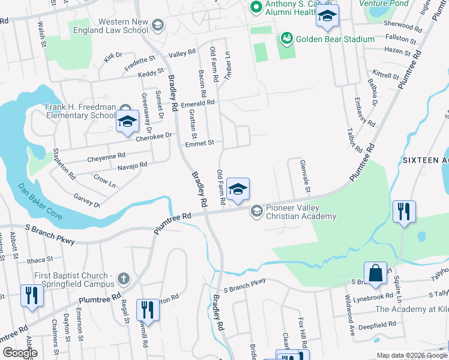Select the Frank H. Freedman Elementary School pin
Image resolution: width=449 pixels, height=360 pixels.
127,121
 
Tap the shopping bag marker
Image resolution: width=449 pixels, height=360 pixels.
375,273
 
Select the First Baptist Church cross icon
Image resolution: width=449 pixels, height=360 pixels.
123,278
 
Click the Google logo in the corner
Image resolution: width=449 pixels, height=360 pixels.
20,353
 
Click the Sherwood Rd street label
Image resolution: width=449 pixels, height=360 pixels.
400,26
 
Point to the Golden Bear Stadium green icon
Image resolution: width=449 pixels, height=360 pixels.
286,40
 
